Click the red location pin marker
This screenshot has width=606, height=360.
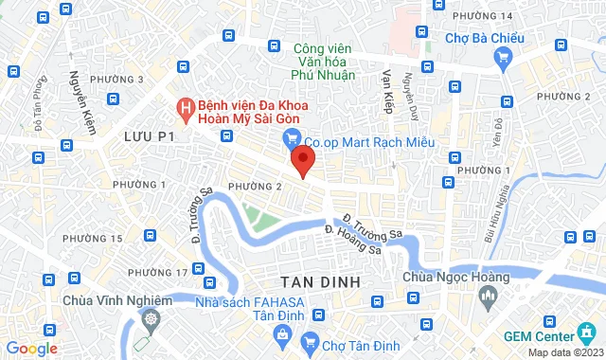(x=302, y=160)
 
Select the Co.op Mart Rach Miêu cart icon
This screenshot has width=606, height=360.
(x=294, y=140)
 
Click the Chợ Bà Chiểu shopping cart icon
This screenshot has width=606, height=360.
(x=503, y=57)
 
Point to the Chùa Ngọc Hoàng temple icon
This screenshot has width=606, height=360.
(x=489, y=298)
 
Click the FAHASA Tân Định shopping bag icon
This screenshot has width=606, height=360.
(x=282, y=333)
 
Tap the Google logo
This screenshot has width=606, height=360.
(x=30, y=349)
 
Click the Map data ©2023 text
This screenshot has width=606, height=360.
(x=564, y=352)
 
